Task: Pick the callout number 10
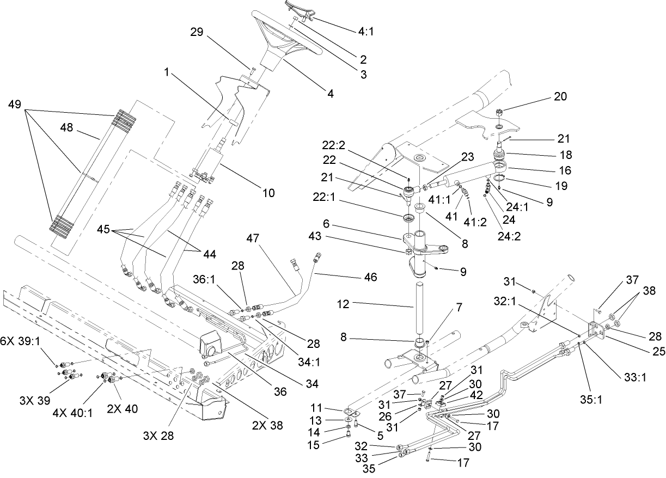(268, 192)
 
